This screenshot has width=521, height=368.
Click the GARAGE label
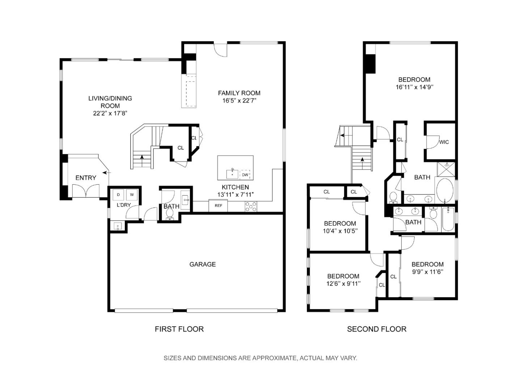click(x=202, y=264)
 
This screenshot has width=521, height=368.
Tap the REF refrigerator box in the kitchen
click(x=218, y=205)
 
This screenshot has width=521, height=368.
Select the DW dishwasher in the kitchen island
click(x=245, y=175)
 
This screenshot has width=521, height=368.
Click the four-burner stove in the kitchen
click(x=251, y=206)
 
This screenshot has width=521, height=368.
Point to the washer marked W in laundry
click(x=132, y=195)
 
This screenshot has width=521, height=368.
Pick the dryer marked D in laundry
click(x=118, y=195)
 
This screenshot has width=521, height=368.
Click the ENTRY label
click(x=86, y=177)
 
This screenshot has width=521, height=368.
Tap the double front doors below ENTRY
click(x=86, y=191)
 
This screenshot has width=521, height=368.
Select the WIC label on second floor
click(x=444, y=142)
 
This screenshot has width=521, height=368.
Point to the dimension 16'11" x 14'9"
click(x=414, y=87)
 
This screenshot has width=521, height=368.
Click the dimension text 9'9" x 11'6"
click(x=428, y=272)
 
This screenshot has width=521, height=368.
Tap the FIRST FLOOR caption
click(x=179, y=329)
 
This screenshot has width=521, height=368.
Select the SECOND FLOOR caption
click(x=377, y=329)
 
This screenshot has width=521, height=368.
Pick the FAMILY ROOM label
click(x=239, y=93)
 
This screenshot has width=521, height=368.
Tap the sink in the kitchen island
click(x=232, y=174)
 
